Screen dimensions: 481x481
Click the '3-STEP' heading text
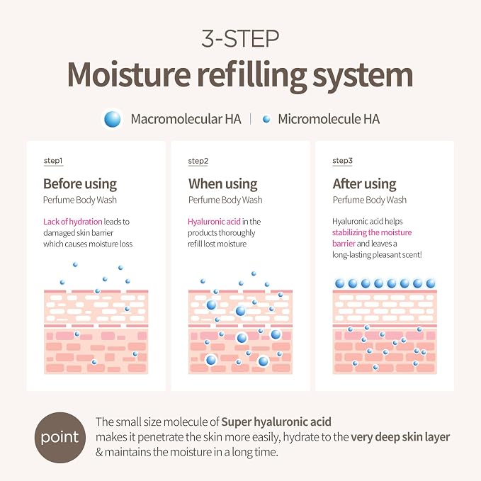(240, 39)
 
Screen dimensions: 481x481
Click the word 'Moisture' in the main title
(129, 75)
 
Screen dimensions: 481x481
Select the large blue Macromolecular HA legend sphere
(112, 119)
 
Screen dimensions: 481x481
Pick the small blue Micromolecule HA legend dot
(266, 119)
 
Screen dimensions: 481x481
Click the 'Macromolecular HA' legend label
(186, 119)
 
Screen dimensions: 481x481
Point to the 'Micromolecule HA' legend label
(329, 119)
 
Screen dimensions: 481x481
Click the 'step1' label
(53, 161)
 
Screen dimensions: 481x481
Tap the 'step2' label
(198, 161)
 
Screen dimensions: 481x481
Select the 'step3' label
(343, 161)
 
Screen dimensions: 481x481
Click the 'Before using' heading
(80, 184)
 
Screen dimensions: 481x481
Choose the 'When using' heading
(223, 184)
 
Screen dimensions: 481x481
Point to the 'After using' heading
(364, 184)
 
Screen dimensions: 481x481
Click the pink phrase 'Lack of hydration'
(73, 222)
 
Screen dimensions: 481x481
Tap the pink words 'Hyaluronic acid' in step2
(214, 222)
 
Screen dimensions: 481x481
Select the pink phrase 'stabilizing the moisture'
(372, 232)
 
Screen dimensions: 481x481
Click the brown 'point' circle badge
(60, 438)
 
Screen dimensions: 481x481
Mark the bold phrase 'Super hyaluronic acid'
(276, 422)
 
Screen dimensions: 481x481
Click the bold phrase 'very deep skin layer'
(400, 437)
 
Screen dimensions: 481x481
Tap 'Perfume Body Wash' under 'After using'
(370, 200)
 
